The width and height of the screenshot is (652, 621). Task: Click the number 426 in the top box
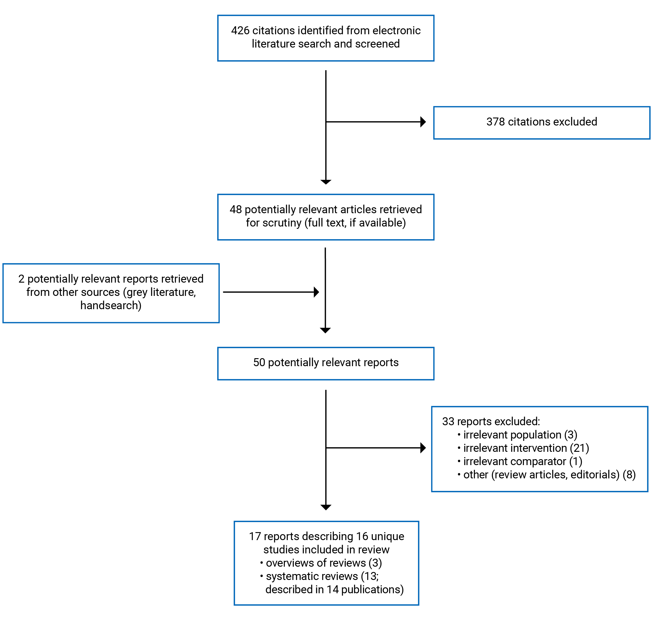(240, 30)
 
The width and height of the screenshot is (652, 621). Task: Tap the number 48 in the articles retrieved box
(236, 210)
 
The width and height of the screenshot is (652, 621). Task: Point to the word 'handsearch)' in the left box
(111, 305)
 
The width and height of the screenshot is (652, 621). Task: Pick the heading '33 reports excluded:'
(491, 421)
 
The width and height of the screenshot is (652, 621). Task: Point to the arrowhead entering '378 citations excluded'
(422, 122)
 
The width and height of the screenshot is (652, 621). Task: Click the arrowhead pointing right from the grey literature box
(316, 292)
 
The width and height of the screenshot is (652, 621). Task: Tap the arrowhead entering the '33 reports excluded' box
(422, 448)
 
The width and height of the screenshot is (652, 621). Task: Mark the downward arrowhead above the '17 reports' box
(326, 507)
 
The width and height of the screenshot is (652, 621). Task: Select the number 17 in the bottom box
(255, 536)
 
